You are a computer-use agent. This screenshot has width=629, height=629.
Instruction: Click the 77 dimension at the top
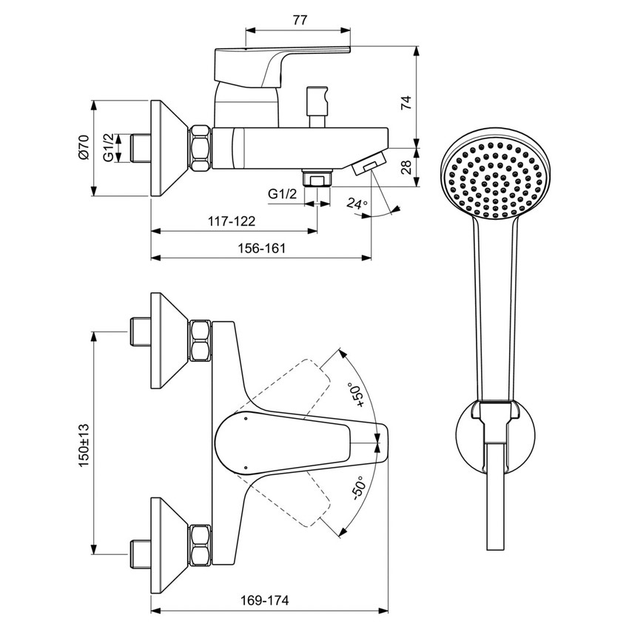pyautogui.click(x=298, y=20)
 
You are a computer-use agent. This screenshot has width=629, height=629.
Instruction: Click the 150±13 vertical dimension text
pyautogui.click(x=83, y=444)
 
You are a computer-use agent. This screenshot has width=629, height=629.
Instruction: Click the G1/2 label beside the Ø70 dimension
pyautogui.click(x=109, y=147)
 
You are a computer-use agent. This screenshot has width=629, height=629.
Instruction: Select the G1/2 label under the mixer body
pyautogui.click(x=282, y=194)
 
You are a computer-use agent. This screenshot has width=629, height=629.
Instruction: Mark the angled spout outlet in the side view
pyautogui.click(x=367, y=162)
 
